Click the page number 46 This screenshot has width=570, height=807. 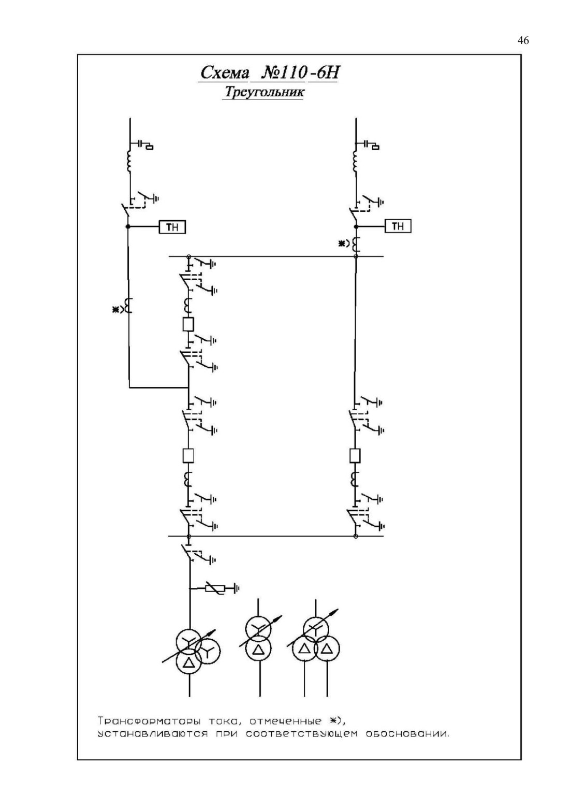coord(523,40)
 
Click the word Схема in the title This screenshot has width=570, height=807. coord(224,73)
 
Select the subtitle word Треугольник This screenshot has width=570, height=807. coord(264,92)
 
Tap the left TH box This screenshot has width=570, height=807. coord(172,227)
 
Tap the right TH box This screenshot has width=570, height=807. coord(398,226)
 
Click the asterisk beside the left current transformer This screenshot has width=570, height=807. coord(116,309)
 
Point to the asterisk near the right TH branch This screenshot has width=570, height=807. coord(341,244)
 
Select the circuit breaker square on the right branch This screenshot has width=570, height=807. coord(355,455)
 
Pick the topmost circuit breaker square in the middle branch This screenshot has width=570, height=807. coord(188,324)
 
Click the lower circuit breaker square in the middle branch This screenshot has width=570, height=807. coord(188,455)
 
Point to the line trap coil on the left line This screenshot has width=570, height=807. coord(128,162)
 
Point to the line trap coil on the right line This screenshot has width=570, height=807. coord(355,162)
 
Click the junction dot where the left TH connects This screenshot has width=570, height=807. coord(127,226)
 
